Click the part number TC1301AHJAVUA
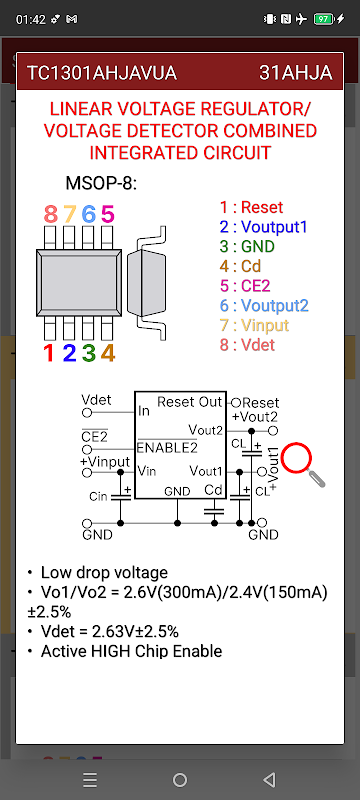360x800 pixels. [x=101, y=73]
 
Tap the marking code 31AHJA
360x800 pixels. [x=296, y=73]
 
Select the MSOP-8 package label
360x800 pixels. [x=101, y=183]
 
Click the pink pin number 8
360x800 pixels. [x=50, y=214]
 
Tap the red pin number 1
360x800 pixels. [x=49, y=353]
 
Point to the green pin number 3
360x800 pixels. [x=89, y=353]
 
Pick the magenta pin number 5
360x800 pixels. [x=108, y=214]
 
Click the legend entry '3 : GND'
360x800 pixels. [x=247, y=246]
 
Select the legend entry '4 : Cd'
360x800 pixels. [x=240, y=266]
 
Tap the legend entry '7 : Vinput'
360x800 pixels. [x=254, y=325]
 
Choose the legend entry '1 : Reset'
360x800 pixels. [x=251, y=207]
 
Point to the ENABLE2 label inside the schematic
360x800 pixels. [x=167, y=447]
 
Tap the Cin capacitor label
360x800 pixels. [x=98, y=496]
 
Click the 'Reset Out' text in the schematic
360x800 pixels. [x=190, y=402]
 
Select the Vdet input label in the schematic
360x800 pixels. [x=96, y=399]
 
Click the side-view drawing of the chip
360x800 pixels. [x=147, y=283]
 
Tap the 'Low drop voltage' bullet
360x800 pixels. [x=104, y=572]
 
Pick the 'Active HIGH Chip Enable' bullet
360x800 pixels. [x=132, y=651]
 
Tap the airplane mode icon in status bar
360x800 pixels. [x=301, y=19]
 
